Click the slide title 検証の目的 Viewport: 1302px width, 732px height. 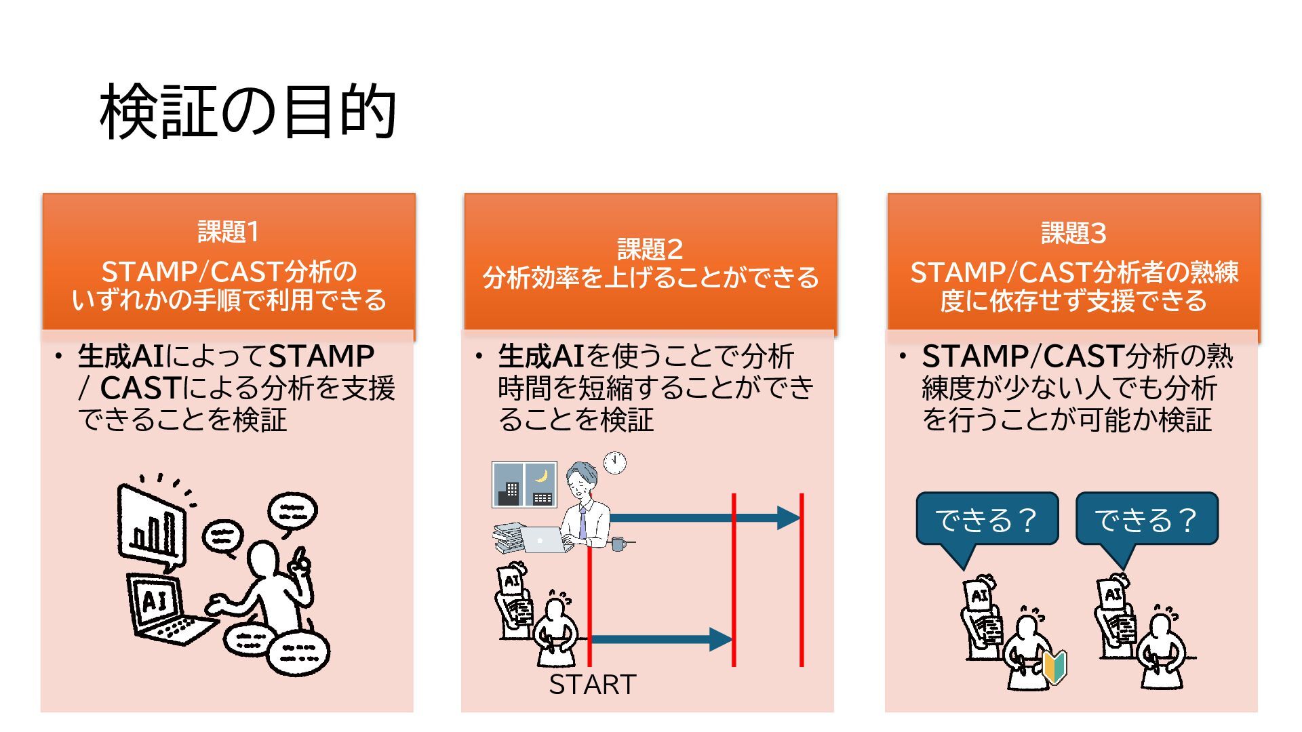248,112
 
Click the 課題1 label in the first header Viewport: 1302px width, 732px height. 229,232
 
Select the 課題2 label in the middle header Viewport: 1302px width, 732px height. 650,249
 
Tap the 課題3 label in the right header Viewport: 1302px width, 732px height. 1073,234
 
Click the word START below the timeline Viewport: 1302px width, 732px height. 592,685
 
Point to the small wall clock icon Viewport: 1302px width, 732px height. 614,462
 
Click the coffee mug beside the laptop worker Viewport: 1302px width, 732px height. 618,544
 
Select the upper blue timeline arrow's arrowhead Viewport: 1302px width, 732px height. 788,518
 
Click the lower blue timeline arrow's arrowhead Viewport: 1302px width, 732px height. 720,638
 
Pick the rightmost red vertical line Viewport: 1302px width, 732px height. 802,579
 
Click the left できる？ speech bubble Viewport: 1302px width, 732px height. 987,520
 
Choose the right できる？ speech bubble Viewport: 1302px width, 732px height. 1147,520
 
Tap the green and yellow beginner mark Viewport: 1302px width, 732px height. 1054,666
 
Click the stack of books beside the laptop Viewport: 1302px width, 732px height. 509,537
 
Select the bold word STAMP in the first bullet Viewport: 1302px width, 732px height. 321,357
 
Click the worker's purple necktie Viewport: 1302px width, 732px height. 583,523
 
